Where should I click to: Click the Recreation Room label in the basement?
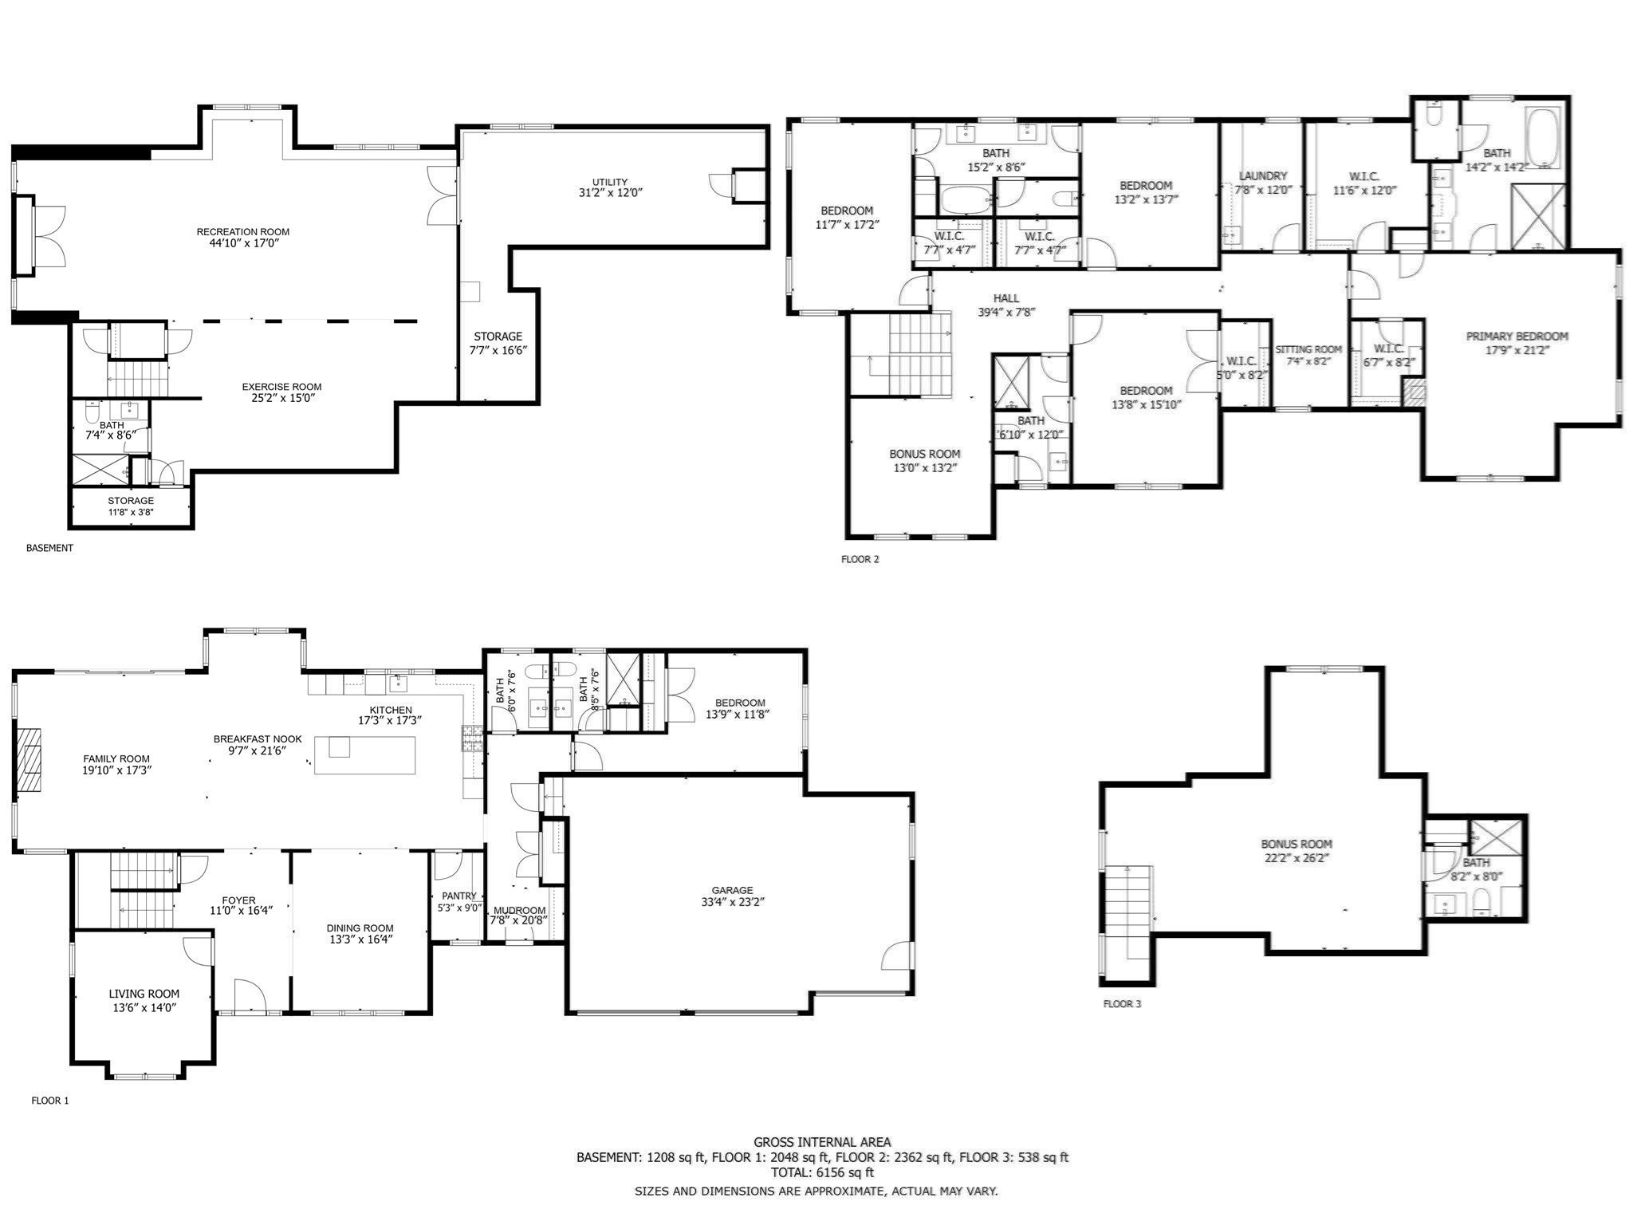click(242, 232)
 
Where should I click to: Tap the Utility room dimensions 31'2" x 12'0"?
click(610, 193)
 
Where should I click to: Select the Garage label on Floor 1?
click(732, 890)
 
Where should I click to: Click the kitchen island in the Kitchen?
click(365, 755)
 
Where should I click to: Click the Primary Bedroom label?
click(1517, 337)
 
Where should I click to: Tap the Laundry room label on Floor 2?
click(1263, 176)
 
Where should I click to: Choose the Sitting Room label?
click(1308, 349)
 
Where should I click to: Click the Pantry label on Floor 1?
click(459, 896)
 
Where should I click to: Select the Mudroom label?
click(519, 911)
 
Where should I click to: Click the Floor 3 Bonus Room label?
click(1297, 844)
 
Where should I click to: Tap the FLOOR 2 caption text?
click(860, 559)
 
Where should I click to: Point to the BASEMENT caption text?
click(49, 548)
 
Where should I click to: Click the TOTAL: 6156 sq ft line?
click(822, 1172)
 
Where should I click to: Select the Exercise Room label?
click(281, 387)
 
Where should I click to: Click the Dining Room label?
click(360, 928)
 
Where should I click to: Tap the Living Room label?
click(144, 994)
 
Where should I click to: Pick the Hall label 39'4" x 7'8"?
click(1005, 298)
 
